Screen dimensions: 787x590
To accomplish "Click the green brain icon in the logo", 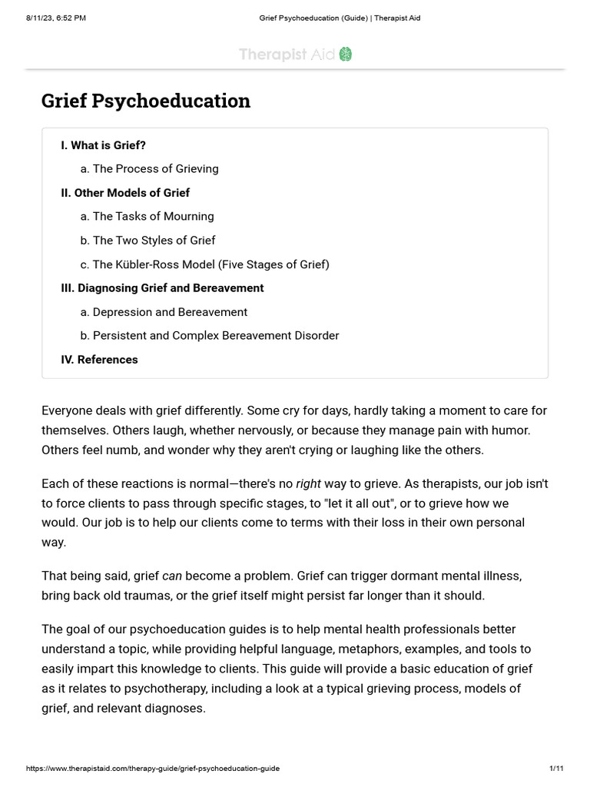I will (x=345, y=54).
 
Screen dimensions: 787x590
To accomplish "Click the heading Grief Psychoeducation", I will (x=146, y=101).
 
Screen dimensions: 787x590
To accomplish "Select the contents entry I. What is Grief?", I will (x=103, y=145).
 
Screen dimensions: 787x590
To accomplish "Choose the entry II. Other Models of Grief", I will (x=125, y=193).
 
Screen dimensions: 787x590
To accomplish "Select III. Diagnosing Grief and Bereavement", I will (x=162, y=288).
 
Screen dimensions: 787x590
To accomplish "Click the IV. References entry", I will (x=99, y=360).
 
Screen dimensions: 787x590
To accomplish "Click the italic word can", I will (x=172, y=576).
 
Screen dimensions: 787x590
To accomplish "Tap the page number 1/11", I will (x=556, y=769).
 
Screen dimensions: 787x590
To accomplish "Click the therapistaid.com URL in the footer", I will (x=153, y=769).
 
